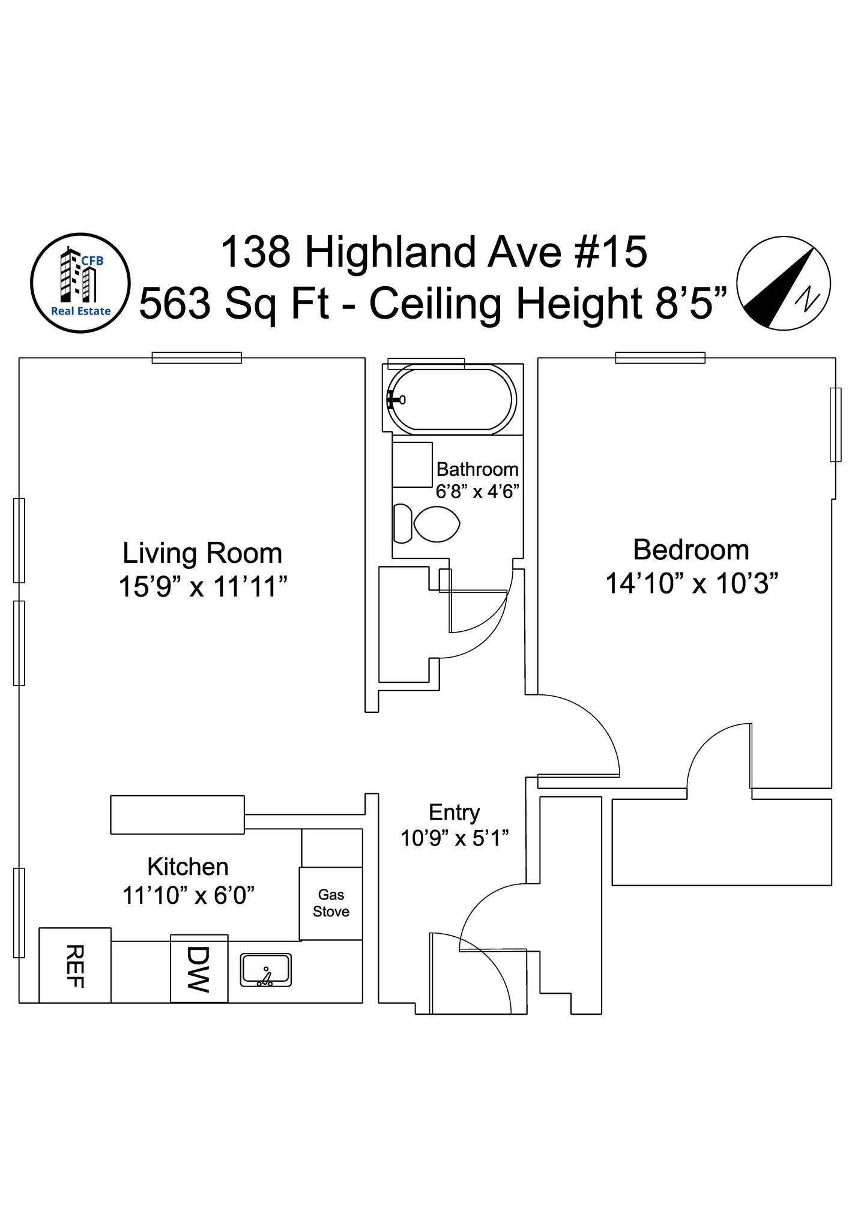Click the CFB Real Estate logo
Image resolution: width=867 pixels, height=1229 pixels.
pyautogui.click(x=80, y=282)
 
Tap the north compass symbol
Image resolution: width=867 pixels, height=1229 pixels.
pyautogui.click(x=784, y=282)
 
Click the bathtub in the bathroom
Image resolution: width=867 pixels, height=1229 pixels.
pyautogui.click(x=452, y=400)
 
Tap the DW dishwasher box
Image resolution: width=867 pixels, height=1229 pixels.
pyautogui.click(x=199, y=969)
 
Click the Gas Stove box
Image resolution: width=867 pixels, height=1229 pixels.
pyautogui.click(x=331, y=903)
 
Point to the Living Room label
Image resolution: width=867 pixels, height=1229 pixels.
pyautogui.click(x=202, y=553)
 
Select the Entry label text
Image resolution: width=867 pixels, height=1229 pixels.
pyautogui.click(x=454, y=813)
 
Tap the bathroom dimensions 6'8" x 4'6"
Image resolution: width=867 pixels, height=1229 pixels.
pyautogui.click(x=477, y=492)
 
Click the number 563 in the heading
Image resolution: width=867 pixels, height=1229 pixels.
pyautogui.click(x=175, y=304)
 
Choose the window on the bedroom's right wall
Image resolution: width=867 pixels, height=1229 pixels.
pyautogui.click(x=835, y=424)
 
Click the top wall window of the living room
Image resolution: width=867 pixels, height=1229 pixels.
pyautogui.click(x=196, y=358)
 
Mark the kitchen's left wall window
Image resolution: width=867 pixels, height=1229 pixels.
pyautogui.click(x=19, y=912)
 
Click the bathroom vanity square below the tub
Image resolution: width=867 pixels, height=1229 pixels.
pyautogui.click(x=412, y=464)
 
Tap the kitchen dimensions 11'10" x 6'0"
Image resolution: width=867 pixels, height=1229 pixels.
pyautogui.click(x=189, y=895)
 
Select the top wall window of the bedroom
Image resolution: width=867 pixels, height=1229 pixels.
pyautogui.click(x=660, y=358)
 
